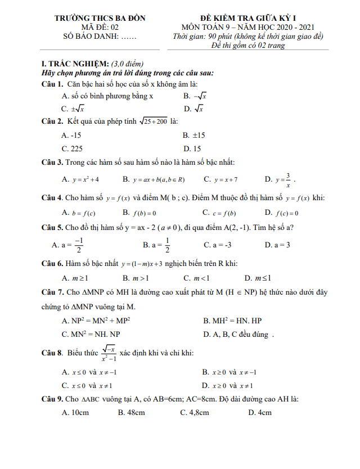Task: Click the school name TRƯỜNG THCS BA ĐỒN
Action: pos(100,18)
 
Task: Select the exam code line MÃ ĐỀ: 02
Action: pos(100,27)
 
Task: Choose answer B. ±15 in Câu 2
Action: pos(194,136)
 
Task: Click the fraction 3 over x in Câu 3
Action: pos(288,179)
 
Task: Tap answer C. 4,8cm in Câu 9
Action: pos(194,412)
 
